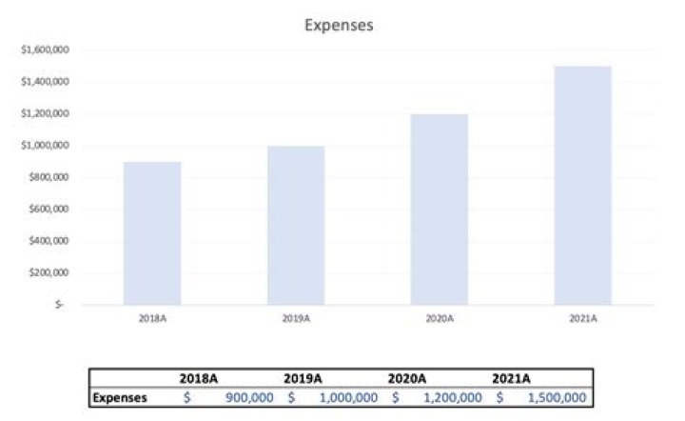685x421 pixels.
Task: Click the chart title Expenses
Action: (x=339, y=26)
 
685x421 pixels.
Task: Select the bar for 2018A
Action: (x=152, y=233)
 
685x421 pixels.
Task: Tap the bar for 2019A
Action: (x=296, y=226)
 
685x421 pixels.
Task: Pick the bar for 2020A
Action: (x=440, y=210)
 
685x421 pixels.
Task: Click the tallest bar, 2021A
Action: (x=582, y=186)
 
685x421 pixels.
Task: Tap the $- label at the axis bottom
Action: (x=61, y=305)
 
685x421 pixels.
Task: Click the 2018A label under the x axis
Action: (x=152, y=318)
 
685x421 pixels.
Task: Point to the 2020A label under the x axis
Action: (x=440, y=318)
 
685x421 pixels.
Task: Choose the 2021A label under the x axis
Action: (x=582, y=318)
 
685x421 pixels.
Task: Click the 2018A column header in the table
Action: (x=199, y=379)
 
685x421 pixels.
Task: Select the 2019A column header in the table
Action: (x=303, y=379)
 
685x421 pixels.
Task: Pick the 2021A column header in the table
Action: (x=512, y=379)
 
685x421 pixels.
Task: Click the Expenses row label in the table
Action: (x=120, y=397)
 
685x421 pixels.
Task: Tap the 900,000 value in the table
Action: (x=248, y=397)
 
